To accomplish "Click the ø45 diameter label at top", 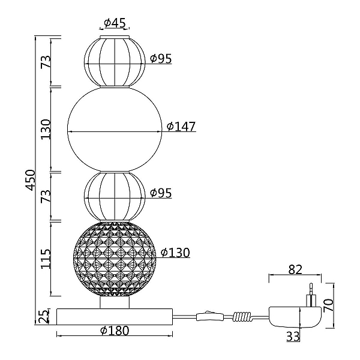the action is pyautogui.click(x=115, y=23).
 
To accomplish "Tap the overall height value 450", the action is pyautogui.click(x=31, y=180).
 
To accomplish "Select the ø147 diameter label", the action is pyautogui.click(x=181, y=126).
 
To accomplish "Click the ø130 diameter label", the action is pyautogui.click(x=175, y=253).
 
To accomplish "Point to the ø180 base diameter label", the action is pyautogui.click(x=115, y=331).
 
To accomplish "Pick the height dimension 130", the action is pyautogui.click(x=46, y=129).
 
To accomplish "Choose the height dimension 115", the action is pyautogui.click(x=46, y=259).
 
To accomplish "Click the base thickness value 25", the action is pyautogui.click(x=44, y=316).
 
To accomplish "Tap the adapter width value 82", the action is pyautogui.click(x=295, y=270).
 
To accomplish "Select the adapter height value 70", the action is pyautogui.click(x=328, y=305).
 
